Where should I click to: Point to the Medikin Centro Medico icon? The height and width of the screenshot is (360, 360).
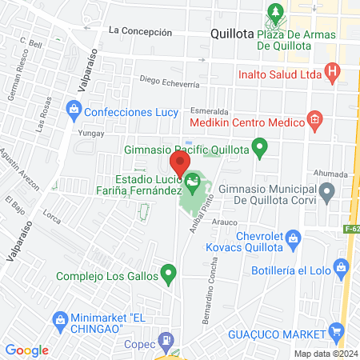click(x=314, y=122)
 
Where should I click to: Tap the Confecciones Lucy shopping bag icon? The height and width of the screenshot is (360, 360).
click(x=74, y=107)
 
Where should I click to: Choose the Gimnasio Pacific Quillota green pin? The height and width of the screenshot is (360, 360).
click(x=259, y=147)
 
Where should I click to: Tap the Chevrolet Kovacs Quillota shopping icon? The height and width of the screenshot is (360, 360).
click(x=294, y=237)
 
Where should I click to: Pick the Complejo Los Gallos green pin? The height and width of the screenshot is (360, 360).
click(x=168, y=276)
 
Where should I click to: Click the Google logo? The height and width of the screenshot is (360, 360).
click(x=27, y=350)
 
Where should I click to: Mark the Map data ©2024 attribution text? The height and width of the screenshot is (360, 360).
click(x=325, y=354)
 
